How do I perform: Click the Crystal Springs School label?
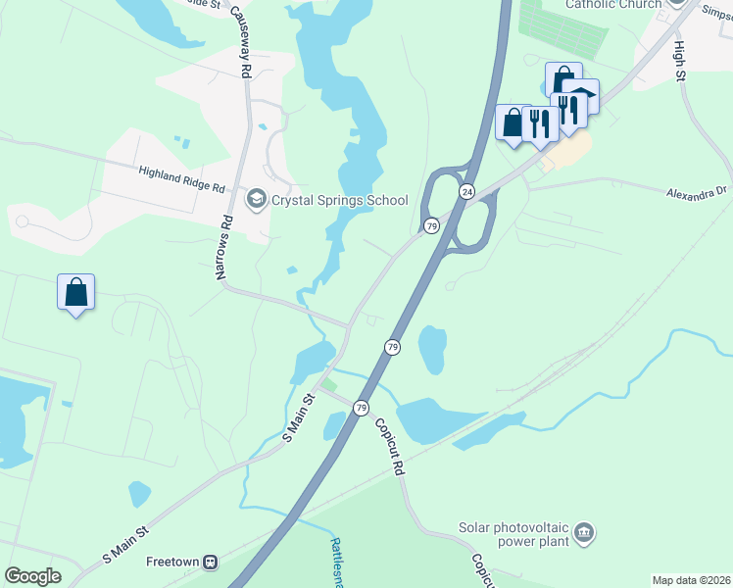340,201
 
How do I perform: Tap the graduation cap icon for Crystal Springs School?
257,200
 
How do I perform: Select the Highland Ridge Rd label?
182,178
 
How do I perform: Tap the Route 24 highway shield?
467,192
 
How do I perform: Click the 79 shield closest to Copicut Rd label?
362,408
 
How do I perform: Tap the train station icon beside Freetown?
209,563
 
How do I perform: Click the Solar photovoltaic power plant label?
513,534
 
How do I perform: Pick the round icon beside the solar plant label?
584,533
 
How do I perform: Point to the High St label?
679,59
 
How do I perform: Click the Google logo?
32,576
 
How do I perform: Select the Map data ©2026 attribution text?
691,580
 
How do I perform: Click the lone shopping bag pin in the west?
76,293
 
